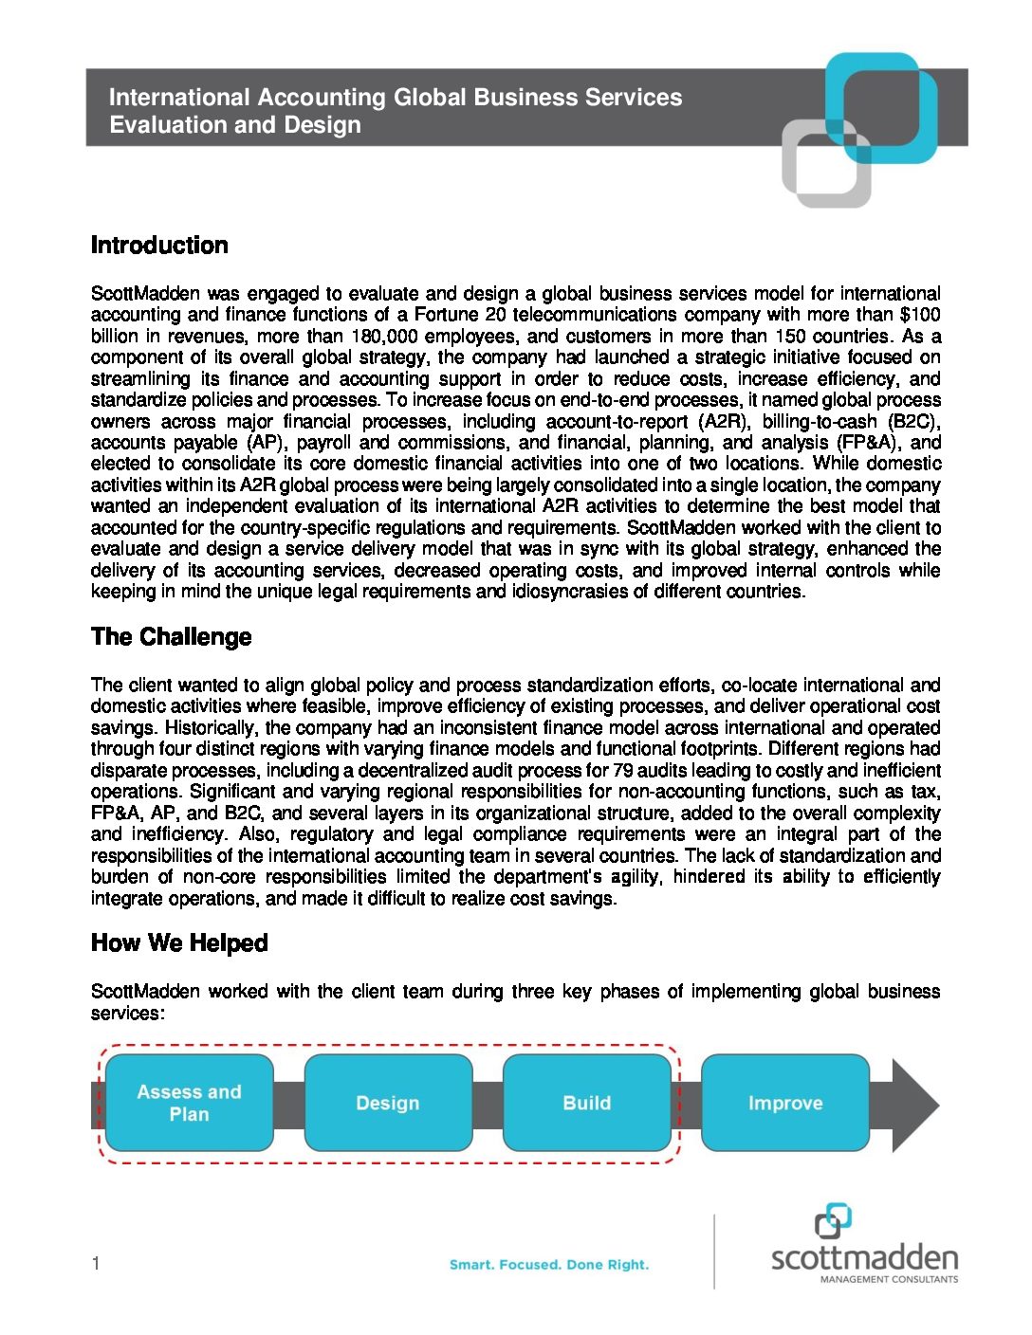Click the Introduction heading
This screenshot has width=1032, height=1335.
159,246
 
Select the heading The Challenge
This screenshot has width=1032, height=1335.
171,637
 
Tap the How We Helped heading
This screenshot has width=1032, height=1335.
179,943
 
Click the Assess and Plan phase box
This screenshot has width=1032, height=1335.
189,1103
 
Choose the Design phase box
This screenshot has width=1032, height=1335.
388,1103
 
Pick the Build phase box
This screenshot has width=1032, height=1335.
586,1103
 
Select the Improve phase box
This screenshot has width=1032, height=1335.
784,1103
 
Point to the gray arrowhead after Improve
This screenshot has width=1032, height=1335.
912,1106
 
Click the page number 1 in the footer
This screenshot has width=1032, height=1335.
96,1263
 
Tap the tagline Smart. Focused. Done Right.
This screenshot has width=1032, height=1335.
549,1265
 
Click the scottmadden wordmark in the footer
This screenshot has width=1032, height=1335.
864,1258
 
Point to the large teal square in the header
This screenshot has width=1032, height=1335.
882,106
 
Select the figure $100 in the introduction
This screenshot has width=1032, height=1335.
920,315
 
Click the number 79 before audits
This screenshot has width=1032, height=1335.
622,770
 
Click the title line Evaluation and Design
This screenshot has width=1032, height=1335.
235,125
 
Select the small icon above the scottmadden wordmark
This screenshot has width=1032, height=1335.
833,1221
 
